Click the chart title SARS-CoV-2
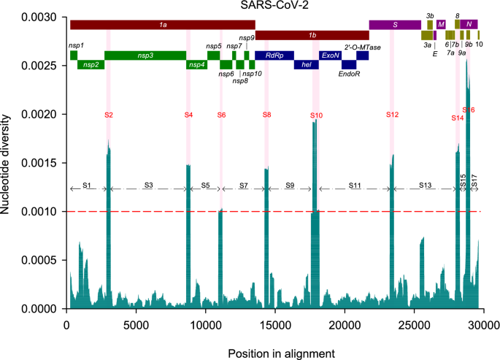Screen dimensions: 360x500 [x=274, y=7]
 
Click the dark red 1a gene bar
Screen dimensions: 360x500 [x=162, y=25]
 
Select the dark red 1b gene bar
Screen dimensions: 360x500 [x=312, y=34]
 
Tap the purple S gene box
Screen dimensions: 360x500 [x=395, y=25]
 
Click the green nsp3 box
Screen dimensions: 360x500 [x=145, y=55]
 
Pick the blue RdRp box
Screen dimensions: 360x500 [x=274, y=55]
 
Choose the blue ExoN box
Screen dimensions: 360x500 [x=330, y=55]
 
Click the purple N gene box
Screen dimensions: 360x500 [x=469, y=25]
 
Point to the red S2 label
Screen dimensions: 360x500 [x=109, y=115]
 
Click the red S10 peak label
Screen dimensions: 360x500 [x=315, y=115]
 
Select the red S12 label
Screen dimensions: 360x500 [x=392, y=115]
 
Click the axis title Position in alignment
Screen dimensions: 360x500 [x=281, y=353]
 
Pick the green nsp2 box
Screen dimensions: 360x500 [x=91, y=64]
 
